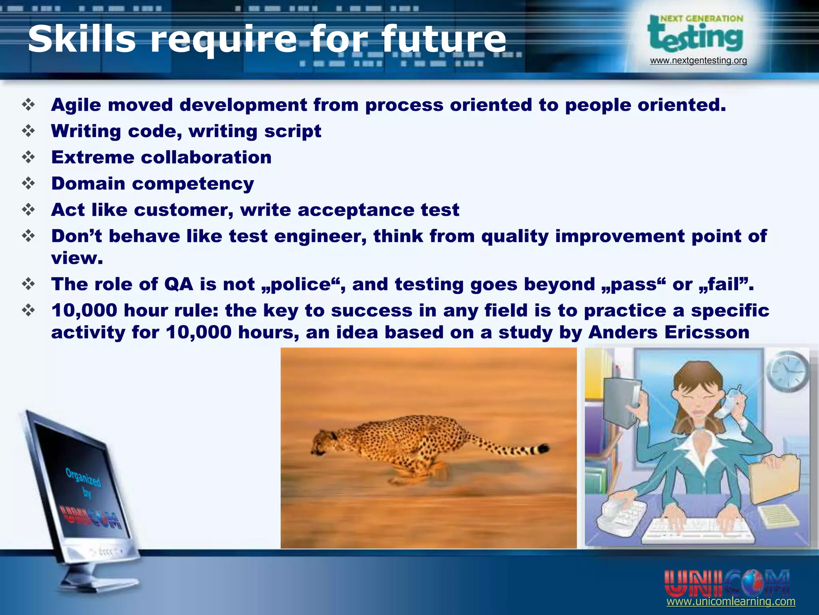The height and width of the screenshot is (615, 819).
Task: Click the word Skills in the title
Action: (x=82, y=39)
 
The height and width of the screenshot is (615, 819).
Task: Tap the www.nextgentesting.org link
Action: (x=698, y=61)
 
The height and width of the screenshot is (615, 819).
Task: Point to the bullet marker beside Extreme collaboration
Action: (x=29, y=157)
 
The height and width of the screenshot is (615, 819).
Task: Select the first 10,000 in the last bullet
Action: (x=84, y=311)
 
